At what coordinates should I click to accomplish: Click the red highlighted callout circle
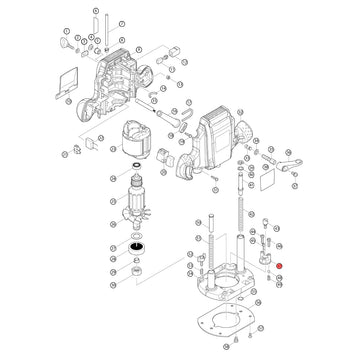pos(280,264)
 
